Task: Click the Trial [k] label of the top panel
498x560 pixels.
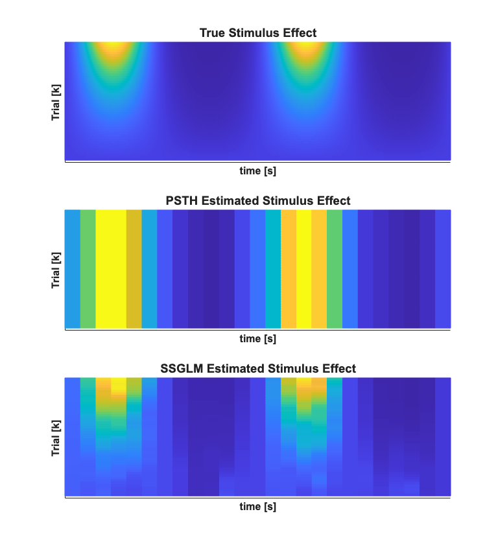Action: coord(56,101)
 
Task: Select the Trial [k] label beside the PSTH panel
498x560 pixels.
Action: coord(56,269)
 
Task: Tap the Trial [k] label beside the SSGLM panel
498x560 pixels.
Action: coord(56,437)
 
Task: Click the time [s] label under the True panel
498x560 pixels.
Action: coord(257,171)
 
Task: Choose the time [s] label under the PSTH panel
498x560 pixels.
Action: coord(257,338)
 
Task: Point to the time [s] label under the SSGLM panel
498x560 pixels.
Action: coord(257,506)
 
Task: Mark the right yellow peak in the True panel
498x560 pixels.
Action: coord(303,48)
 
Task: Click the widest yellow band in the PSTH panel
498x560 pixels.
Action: coord(111,269)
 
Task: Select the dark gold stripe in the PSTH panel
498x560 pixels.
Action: coord(134,269)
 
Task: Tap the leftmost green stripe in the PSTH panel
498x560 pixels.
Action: coord(88,269)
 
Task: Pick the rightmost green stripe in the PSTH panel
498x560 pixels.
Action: coord(335,269)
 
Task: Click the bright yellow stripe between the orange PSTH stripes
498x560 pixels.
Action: coord(303,269)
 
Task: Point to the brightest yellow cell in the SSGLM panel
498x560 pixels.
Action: coord(119,386)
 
